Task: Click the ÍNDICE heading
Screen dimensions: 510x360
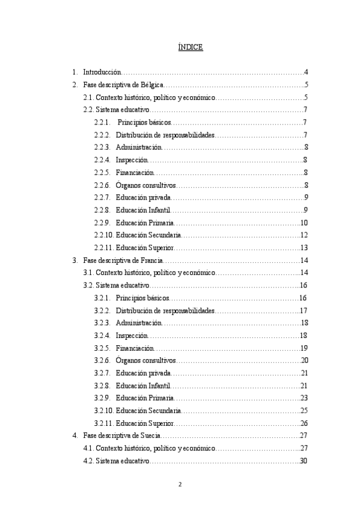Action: coord(191,48)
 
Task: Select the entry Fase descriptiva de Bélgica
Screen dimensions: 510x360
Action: coord(123,85)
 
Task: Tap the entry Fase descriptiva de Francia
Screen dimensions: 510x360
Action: coord(123,260)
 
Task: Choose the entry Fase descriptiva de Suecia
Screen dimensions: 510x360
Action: coord(122,436)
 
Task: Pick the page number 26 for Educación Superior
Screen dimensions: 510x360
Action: coord(304,423)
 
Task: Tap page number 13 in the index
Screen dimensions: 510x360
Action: coord(304,248)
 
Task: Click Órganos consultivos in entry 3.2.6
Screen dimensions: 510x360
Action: coord(146,361)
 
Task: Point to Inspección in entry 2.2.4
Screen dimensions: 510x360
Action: coord(131,160)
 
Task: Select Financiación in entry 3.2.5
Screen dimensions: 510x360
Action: coord(135,348)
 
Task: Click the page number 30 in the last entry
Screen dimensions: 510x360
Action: coord(304,461)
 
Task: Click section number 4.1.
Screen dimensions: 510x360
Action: coord(88,449)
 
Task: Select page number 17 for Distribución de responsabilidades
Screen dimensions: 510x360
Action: coord(304,311)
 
